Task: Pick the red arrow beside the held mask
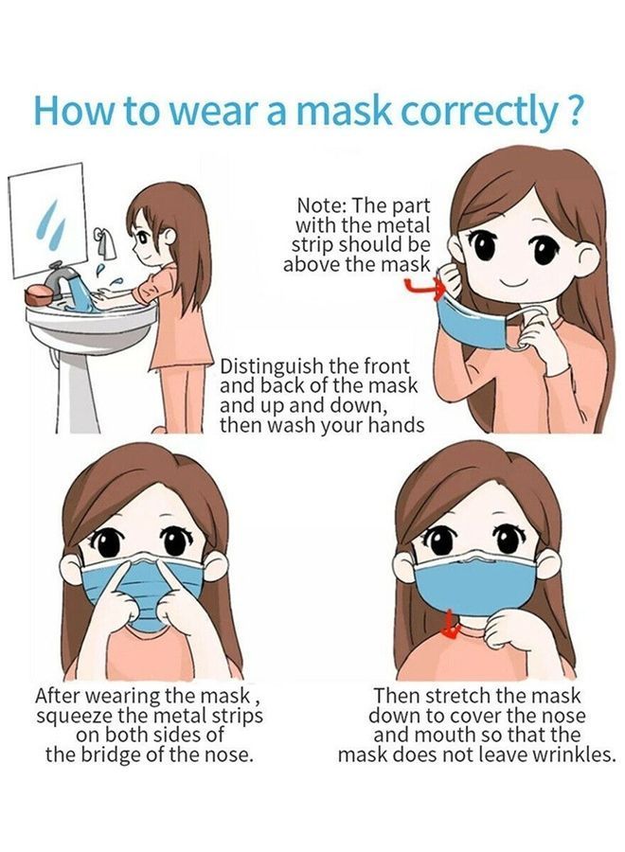tap(418, 285)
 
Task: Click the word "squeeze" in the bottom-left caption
tap(76, 716)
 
